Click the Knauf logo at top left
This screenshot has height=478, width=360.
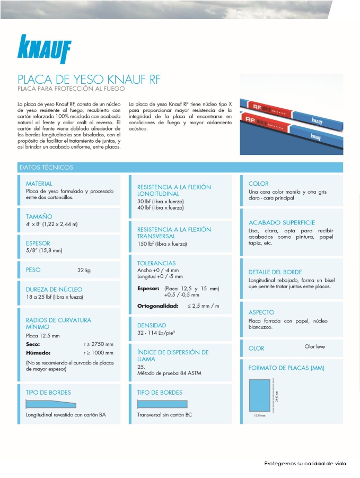tap(45, 49)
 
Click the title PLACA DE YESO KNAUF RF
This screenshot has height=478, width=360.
tap(89, 80)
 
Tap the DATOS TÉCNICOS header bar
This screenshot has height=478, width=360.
tap(180, 167)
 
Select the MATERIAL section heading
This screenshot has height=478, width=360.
tap(39, 184)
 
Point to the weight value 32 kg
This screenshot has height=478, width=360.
tap(84, 270)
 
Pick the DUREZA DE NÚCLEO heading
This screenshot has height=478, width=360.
tap(54, 290)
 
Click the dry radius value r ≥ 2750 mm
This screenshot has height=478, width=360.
tap(98, 344)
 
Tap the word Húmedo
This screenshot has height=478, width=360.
tap(38, 352)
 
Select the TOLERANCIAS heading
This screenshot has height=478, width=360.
tap(156, 263)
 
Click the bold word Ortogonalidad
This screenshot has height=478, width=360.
tap(158, 306)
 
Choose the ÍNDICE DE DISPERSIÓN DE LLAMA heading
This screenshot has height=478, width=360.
tap(173, 355)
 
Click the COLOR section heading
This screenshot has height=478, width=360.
tap(258, 184)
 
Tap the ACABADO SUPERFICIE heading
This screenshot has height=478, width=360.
tap(282, 223)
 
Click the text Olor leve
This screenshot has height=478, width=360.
tap(314, 346)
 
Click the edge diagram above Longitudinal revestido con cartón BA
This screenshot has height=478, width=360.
tap(51, 404)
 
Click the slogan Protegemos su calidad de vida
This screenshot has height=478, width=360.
tap(305, 463)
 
